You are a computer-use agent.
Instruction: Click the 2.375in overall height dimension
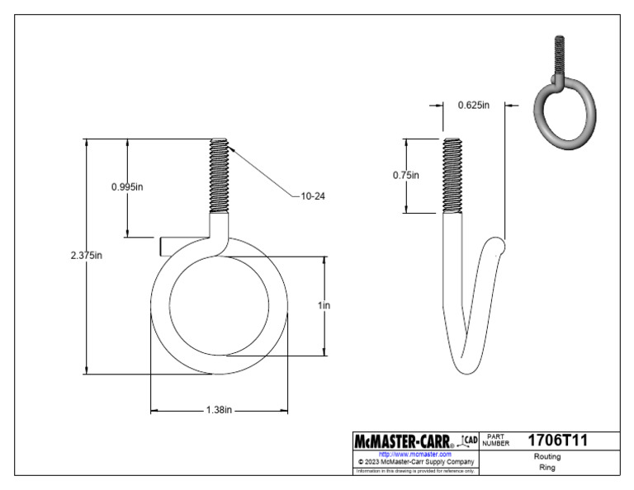click(x=87, y=255)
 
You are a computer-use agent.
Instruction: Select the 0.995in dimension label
click(x=127, y=186)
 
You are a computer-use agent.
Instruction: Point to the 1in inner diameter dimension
click(x=324, y=305)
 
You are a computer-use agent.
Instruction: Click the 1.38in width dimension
click(x=219, y=410)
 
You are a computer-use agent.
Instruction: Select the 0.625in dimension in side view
click(x=474, y=105)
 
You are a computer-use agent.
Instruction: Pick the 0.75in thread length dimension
click(x=405, y=175)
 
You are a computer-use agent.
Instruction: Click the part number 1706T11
click(x=557, y=441)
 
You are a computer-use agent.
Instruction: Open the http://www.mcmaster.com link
click(x=414, y=454)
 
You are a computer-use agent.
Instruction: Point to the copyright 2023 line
click(x=414, y=462)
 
